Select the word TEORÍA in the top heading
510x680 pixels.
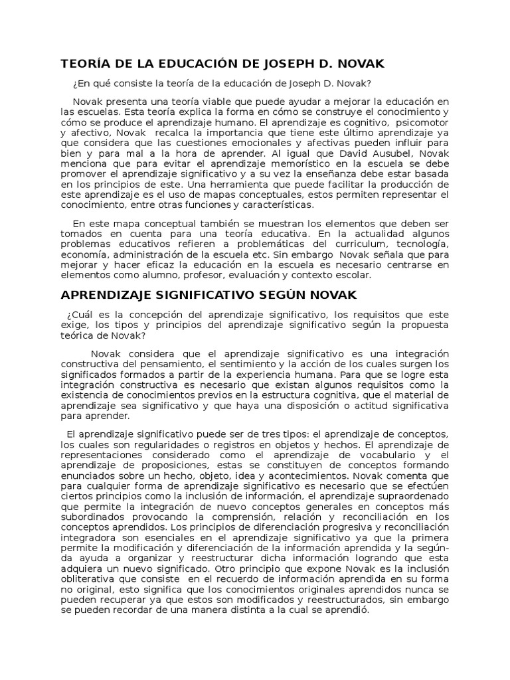(84, 64)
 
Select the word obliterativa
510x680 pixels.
(90, 579)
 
